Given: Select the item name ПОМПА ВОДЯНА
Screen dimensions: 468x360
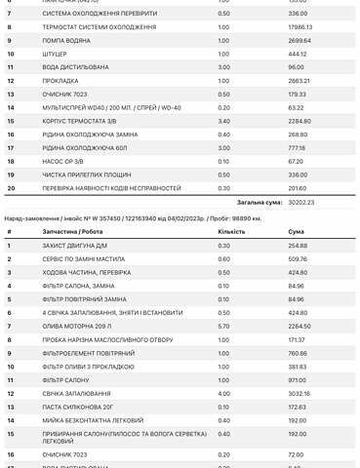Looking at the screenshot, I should (x=65, y=41).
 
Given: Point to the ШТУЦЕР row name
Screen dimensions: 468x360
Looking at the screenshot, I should (x=57, y=54).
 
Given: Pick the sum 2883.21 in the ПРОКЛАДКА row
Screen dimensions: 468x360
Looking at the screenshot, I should (x=298, y=80).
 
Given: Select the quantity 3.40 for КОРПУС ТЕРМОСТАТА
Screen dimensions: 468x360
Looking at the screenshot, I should (x=223, y=120).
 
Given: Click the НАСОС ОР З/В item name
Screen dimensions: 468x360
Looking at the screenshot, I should (x=64, y=160).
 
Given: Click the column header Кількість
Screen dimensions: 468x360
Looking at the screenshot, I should (x=232, y=231).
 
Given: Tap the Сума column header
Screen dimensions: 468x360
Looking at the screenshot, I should (x=296, y=231).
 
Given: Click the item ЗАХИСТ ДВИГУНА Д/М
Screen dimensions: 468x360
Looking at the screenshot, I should (x=76, y=246).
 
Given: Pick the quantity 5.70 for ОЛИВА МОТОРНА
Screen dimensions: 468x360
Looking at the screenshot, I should (x=223, y=327).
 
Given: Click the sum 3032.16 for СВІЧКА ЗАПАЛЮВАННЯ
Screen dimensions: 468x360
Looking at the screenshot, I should (x=299, y=393).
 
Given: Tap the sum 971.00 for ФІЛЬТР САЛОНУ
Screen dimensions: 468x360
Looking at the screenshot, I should (x=298, y=379).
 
